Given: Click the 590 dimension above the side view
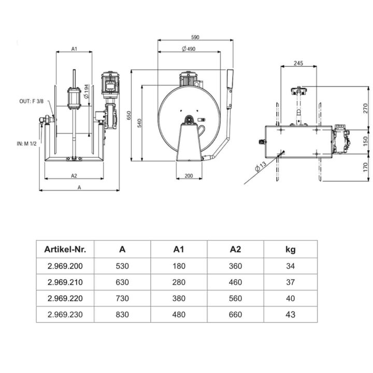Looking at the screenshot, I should point(195,37).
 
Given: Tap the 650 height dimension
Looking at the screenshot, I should point(128,115).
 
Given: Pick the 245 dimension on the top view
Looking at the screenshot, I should point(298,63).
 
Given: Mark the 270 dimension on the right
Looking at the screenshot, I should point(365,108).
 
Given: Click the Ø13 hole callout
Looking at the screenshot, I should point(261,168).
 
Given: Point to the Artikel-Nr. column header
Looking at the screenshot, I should point(65,249).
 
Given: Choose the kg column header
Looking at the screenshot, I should point(290,249).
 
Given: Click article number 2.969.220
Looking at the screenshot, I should point(65,298).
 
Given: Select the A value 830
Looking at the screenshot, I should point(122,314).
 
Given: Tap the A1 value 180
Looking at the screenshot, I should point(179,266).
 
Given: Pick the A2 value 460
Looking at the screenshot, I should point(235,282).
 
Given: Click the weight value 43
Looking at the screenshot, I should point(290,314).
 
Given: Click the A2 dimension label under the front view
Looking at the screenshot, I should point(74,176).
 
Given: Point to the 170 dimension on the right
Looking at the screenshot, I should point(365,167).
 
